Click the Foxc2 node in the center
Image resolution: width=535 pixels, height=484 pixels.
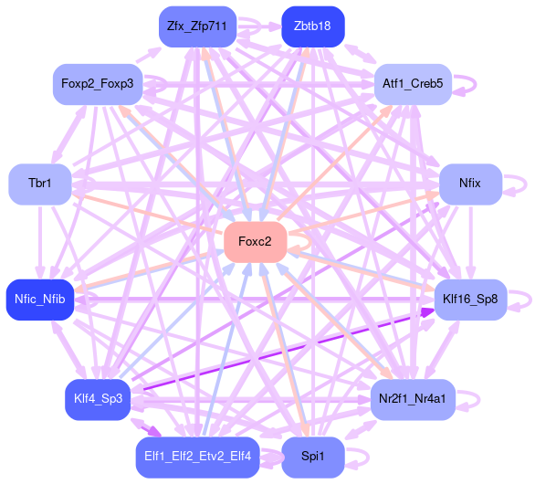point(255,242)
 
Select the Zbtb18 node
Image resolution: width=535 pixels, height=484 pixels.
point(313,26)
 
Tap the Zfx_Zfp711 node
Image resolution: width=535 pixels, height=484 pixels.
point(197,26)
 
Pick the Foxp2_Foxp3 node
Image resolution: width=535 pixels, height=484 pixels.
point(98,84)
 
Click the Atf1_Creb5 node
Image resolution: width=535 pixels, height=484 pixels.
point(413,84)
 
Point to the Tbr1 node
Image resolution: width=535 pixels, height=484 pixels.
point(40,184)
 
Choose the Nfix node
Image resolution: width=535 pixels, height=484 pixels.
point(470,184)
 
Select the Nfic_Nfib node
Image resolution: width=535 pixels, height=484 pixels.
point(40,300)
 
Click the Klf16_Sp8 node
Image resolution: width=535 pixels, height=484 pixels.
point(470,300)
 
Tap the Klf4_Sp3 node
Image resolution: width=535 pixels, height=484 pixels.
point(98,399)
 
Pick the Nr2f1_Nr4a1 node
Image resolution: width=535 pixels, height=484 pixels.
point(413,399)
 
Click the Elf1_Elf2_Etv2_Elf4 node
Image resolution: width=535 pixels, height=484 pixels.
point(197,457)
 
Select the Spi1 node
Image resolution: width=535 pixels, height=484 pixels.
point(313,457)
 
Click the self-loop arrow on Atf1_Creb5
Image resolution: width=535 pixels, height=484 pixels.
point(476,84)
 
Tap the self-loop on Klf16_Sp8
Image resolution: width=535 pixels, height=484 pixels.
point(530,300)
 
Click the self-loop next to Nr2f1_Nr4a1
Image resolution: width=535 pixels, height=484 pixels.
point(479,400)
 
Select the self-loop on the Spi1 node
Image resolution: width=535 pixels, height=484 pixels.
point(368,458)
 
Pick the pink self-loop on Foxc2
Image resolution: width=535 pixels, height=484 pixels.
point(310,242)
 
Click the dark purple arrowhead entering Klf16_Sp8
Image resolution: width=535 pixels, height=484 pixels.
point(427,312)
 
